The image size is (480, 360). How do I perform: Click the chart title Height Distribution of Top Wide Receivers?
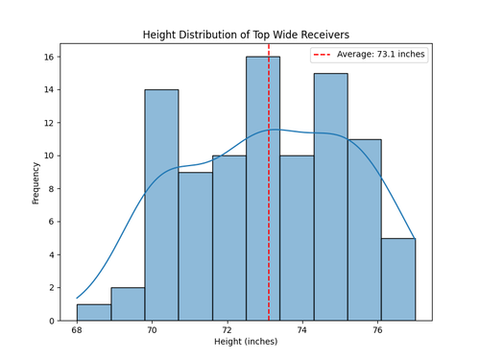245,35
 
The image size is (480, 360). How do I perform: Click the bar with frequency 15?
330,197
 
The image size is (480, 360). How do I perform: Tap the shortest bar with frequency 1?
93,312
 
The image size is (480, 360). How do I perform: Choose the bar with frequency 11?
364,229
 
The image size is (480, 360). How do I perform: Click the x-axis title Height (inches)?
245,343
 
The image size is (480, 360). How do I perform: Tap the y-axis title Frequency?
36,182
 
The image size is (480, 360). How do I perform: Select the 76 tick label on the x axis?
378,329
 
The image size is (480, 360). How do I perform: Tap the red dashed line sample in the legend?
324,55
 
